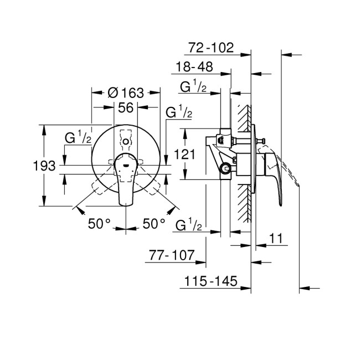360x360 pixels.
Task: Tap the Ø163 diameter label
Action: (x=126, y=92)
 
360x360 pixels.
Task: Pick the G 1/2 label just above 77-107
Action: (x=187, y=225)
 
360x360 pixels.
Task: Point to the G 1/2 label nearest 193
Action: (x=78, y=138)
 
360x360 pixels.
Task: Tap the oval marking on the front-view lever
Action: (x=126, y=164)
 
